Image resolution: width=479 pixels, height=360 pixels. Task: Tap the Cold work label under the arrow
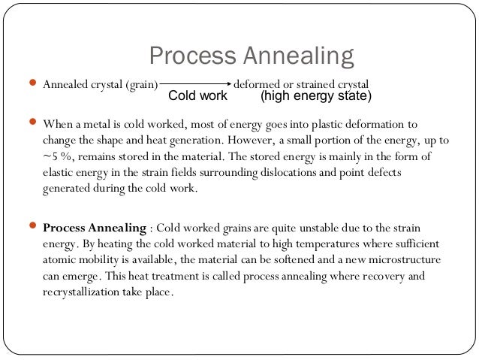197,96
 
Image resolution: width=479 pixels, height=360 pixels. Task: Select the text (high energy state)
315,96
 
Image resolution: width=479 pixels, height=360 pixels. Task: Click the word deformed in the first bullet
258,83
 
